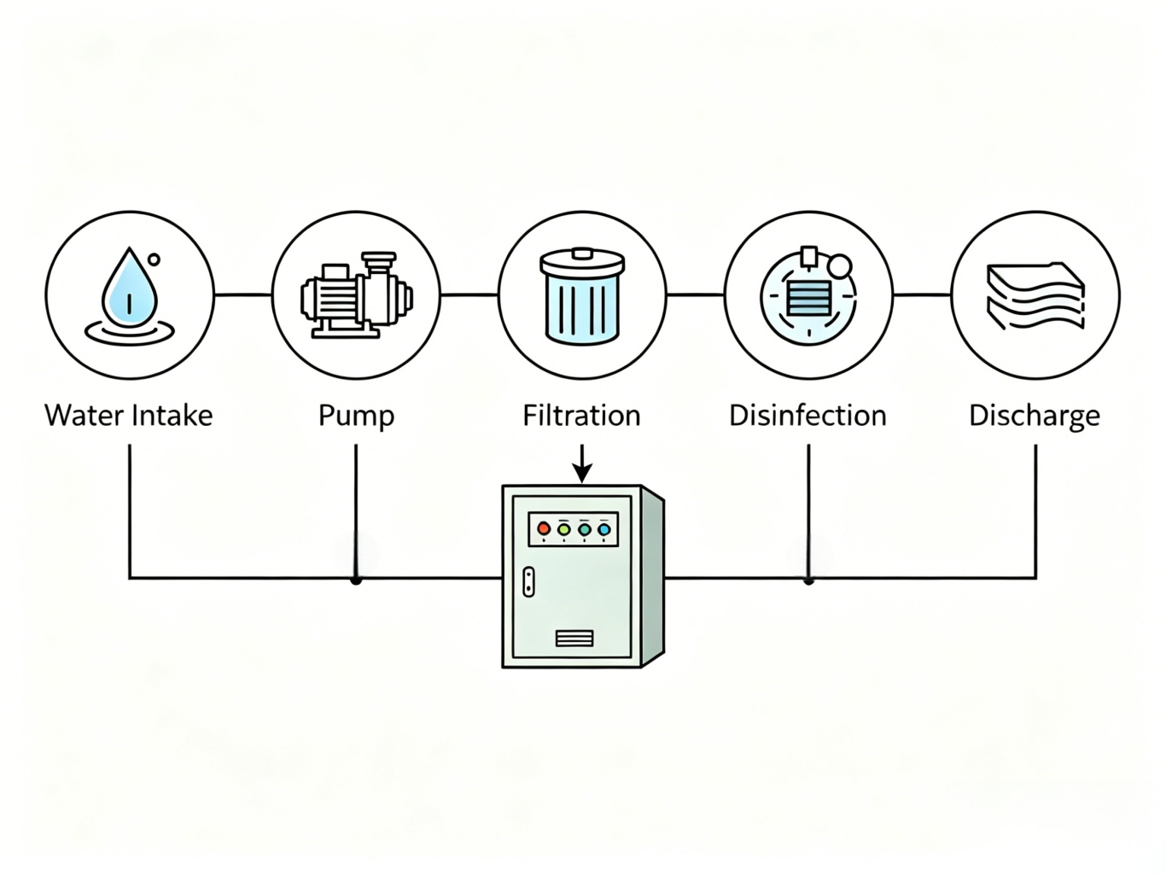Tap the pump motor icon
356,294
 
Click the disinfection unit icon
807,294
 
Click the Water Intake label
129,416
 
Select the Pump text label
356,417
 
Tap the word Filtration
581,416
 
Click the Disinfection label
807,416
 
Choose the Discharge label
1034,417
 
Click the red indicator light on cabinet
544,529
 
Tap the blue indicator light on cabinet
604,529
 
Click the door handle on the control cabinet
528,581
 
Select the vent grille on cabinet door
574,638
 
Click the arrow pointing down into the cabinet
581,466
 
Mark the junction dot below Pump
356,580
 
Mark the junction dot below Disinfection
808,580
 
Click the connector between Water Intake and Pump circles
242,294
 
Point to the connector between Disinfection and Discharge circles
921,294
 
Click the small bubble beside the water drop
154,259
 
